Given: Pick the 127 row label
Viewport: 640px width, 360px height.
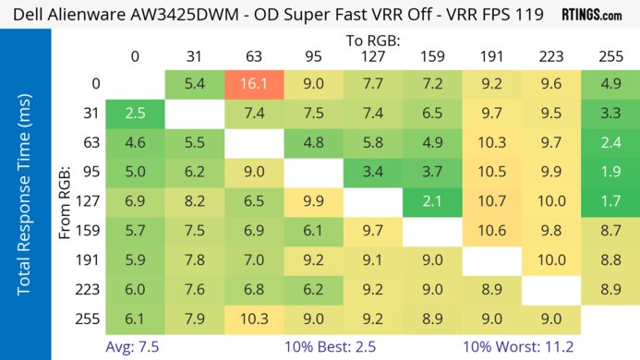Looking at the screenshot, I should (91, 200).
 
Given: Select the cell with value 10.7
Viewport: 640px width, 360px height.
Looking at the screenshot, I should (490, 200).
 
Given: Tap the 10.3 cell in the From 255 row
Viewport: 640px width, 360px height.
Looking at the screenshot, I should (252, 318).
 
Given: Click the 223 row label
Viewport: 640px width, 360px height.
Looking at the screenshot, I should (91, 289).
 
